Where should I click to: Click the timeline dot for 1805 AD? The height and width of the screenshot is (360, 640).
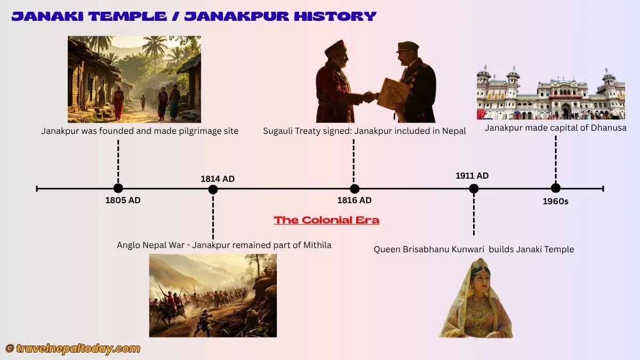(x=118, y=188)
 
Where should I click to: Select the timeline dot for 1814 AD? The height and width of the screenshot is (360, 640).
(x=213, y=189)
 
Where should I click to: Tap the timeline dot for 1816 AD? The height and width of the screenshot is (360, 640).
(x=354, y=189)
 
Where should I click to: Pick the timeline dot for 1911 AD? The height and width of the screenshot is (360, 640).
(x=474, y=188)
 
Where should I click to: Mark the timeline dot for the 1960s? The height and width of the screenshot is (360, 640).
(x=555, y=188)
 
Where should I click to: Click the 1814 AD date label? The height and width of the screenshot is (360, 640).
(x=218, y=179)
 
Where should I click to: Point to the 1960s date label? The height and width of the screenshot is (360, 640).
(x=555, y=201)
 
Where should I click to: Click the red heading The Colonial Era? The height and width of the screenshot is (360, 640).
(x=326, y=220)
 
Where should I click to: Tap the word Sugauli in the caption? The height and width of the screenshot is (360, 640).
(x=278, y=131)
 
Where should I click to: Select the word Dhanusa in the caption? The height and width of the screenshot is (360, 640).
(x=609, y=127)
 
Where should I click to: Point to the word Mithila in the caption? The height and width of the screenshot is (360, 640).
(x=315, y=245)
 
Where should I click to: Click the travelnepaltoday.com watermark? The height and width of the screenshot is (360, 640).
(x=73, y=349)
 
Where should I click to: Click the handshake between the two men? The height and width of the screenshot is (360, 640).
(x=369, y=97)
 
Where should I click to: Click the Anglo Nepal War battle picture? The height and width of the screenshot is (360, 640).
(x=213, y=295)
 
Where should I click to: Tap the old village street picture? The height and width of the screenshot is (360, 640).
(x=134, y=79)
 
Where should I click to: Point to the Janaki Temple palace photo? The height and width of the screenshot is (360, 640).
(x=550, y=93)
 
